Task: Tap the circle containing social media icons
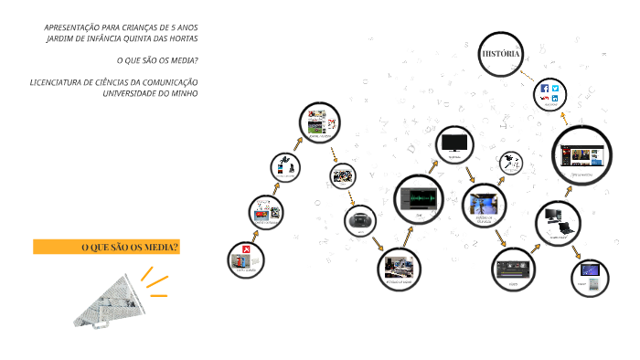pyautogui.click(x=549, y=95)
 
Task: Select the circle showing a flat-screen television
pyautogui.click(x=454, y=143)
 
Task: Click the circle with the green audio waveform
pyautogui.click(x=420, y=198)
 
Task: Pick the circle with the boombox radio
pyautogui.click(x=360, y=220)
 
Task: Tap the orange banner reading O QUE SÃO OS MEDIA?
pyautogui.click(x=106, y=247)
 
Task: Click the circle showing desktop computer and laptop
pyautogui.click(x=557, y=221)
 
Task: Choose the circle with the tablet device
pyautogui.click(x=591, y=273)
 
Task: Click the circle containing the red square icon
pyautogui.click(x=245, y=259)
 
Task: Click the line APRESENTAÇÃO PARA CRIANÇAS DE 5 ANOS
pyautogui.click(x=121, y=27)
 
